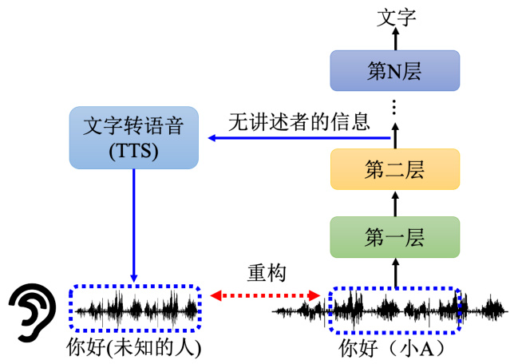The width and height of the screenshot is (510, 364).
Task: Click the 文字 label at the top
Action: (396, 18)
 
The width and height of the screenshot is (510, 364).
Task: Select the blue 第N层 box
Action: (395, 70)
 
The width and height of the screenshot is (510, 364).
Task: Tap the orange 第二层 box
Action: (395, 169)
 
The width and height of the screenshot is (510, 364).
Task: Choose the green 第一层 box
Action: (395, 237)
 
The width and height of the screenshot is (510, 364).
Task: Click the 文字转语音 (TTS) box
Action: (134, 137)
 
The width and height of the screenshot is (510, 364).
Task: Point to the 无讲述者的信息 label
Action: (299, 122)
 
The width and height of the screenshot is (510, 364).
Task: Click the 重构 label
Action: (267, 273)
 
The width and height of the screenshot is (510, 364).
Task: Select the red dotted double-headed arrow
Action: (266, 295)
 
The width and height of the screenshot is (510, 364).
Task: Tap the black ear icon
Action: (33, 312)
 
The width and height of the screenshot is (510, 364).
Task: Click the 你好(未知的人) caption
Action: (134, 347)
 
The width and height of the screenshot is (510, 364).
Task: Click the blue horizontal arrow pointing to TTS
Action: (299, 138)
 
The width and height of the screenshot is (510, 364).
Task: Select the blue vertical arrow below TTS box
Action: (133, 225)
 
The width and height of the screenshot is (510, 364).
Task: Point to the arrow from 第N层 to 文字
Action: (396, 38)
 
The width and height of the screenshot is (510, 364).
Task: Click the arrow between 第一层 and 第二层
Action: (396, 204)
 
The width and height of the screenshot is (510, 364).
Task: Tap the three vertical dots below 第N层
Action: (394, 107)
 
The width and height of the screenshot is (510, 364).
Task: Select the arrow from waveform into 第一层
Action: (396, 273)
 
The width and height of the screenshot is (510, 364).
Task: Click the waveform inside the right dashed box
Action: (394, 309)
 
